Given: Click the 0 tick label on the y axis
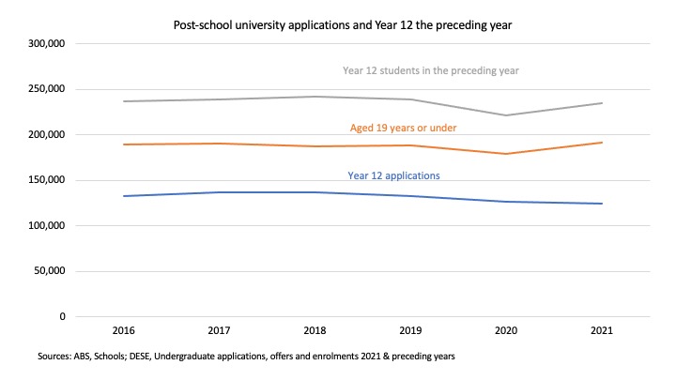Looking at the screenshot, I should (x=61, y=317).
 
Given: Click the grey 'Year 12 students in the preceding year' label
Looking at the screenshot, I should (x=431, y=70).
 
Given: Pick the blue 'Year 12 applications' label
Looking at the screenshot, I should (x=394, y=175).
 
